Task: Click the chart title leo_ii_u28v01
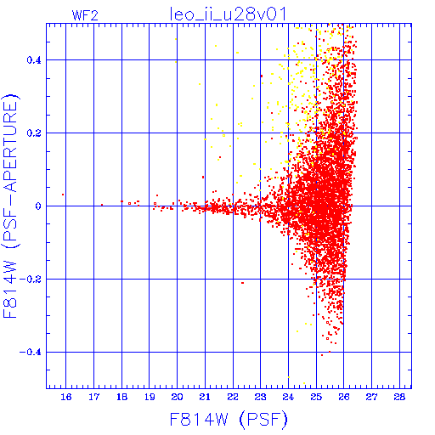click(x=228, y=14)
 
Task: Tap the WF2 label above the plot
click(x=85, y=15)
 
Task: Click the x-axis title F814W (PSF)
click(x=229, y=420)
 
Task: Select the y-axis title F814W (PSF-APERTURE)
click(x=11, y=206)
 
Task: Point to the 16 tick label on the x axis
click(x=66, y=397)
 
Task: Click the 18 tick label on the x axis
click(x=121, y=397)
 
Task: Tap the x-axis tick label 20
click(x=177, y=397)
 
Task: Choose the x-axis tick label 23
click(x=260, y=397)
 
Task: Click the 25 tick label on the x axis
click(x=316, y=397)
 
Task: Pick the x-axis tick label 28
click(x=399, y=397)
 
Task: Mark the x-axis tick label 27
click(x=371, y=397)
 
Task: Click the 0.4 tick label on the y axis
click(x=34, y=60)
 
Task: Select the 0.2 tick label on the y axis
click(x=34, y=133)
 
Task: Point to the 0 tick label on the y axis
click(x=38, y=206)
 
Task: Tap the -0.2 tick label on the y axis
click(x=31, y=280)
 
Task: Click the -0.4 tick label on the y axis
click(x=31, y=353)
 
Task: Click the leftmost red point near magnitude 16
click(x=63, y=195)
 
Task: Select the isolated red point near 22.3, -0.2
click(x=242, y=283)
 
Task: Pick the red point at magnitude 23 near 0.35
click(x=262, y=76)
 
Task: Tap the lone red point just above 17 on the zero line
click(x=102, y=205)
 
